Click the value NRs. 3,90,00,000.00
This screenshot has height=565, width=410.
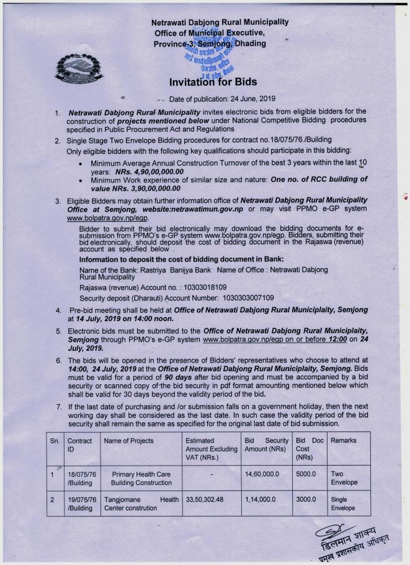(136, 188)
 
